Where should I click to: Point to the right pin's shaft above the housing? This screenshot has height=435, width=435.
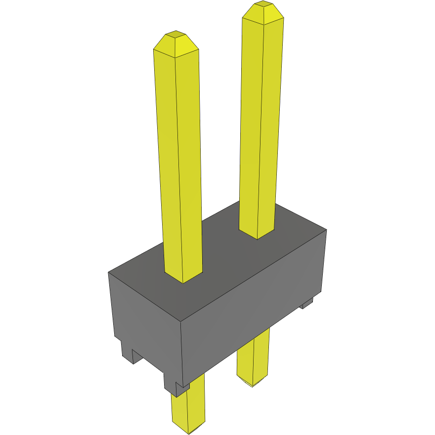point(258,124)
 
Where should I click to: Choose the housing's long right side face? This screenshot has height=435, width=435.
point(252,316)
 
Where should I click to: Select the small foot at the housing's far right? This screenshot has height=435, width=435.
point(307,303)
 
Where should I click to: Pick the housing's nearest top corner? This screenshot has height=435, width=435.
point(180,322)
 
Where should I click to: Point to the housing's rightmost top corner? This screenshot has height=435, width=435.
point(326,229)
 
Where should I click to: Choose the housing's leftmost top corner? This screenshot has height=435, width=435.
point(109,272)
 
